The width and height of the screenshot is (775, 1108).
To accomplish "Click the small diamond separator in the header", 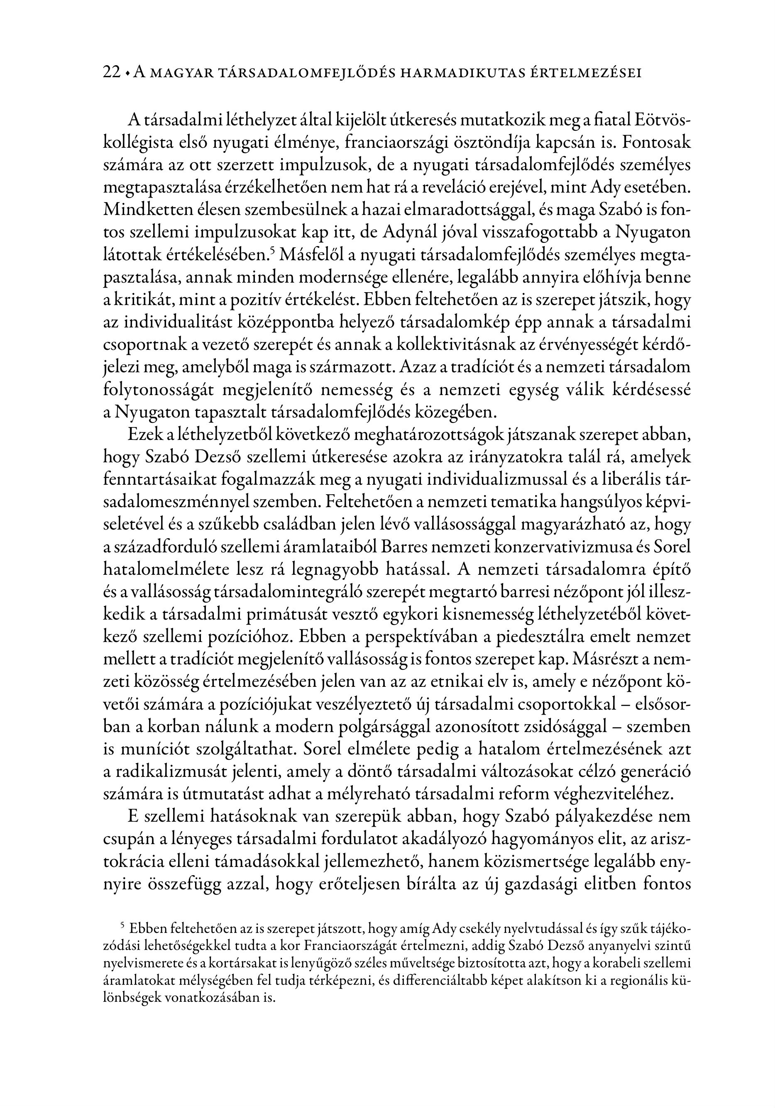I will point(127,73).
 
